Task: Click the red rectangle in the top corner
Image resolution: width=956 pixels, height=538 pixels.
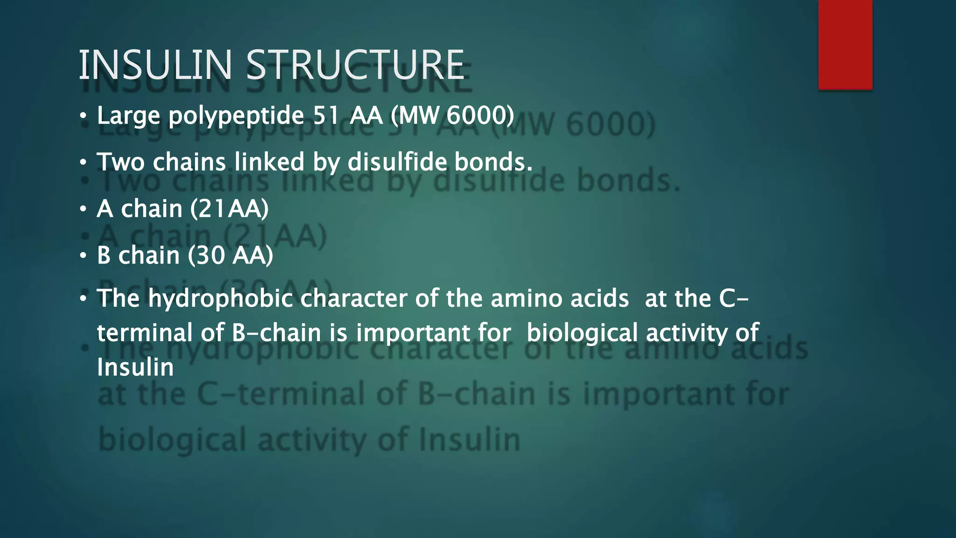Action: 845,44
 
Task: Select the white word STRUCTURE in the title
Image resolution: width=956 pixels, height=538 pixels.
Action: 355,65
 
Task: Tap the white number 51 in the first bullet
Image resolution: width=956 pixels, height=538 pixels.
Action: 326,115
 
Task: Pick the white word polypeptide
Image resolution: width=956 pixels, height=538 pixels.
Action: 236,116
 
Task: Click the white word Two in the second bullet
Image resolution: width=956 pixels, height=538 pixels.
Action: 121,162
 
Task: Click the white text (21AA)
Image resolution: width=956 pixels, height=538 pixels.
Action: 229,209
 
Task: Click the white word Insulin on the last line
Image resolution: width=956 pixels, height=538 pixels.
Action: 135,368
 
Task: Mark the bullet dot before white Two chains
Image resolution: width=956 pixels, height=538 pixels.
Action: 83,163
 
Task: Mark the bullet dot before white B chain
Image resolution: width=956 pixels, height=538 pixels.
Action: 83,256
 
